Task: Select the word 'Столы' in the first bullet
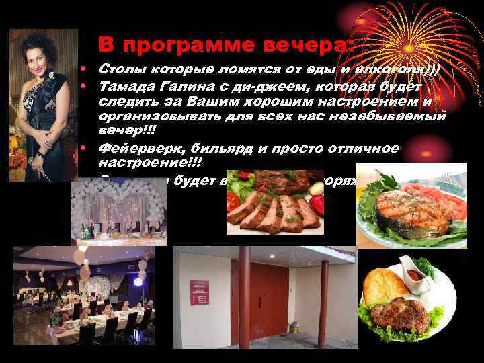120,69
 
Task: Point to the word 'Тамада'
126,85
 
